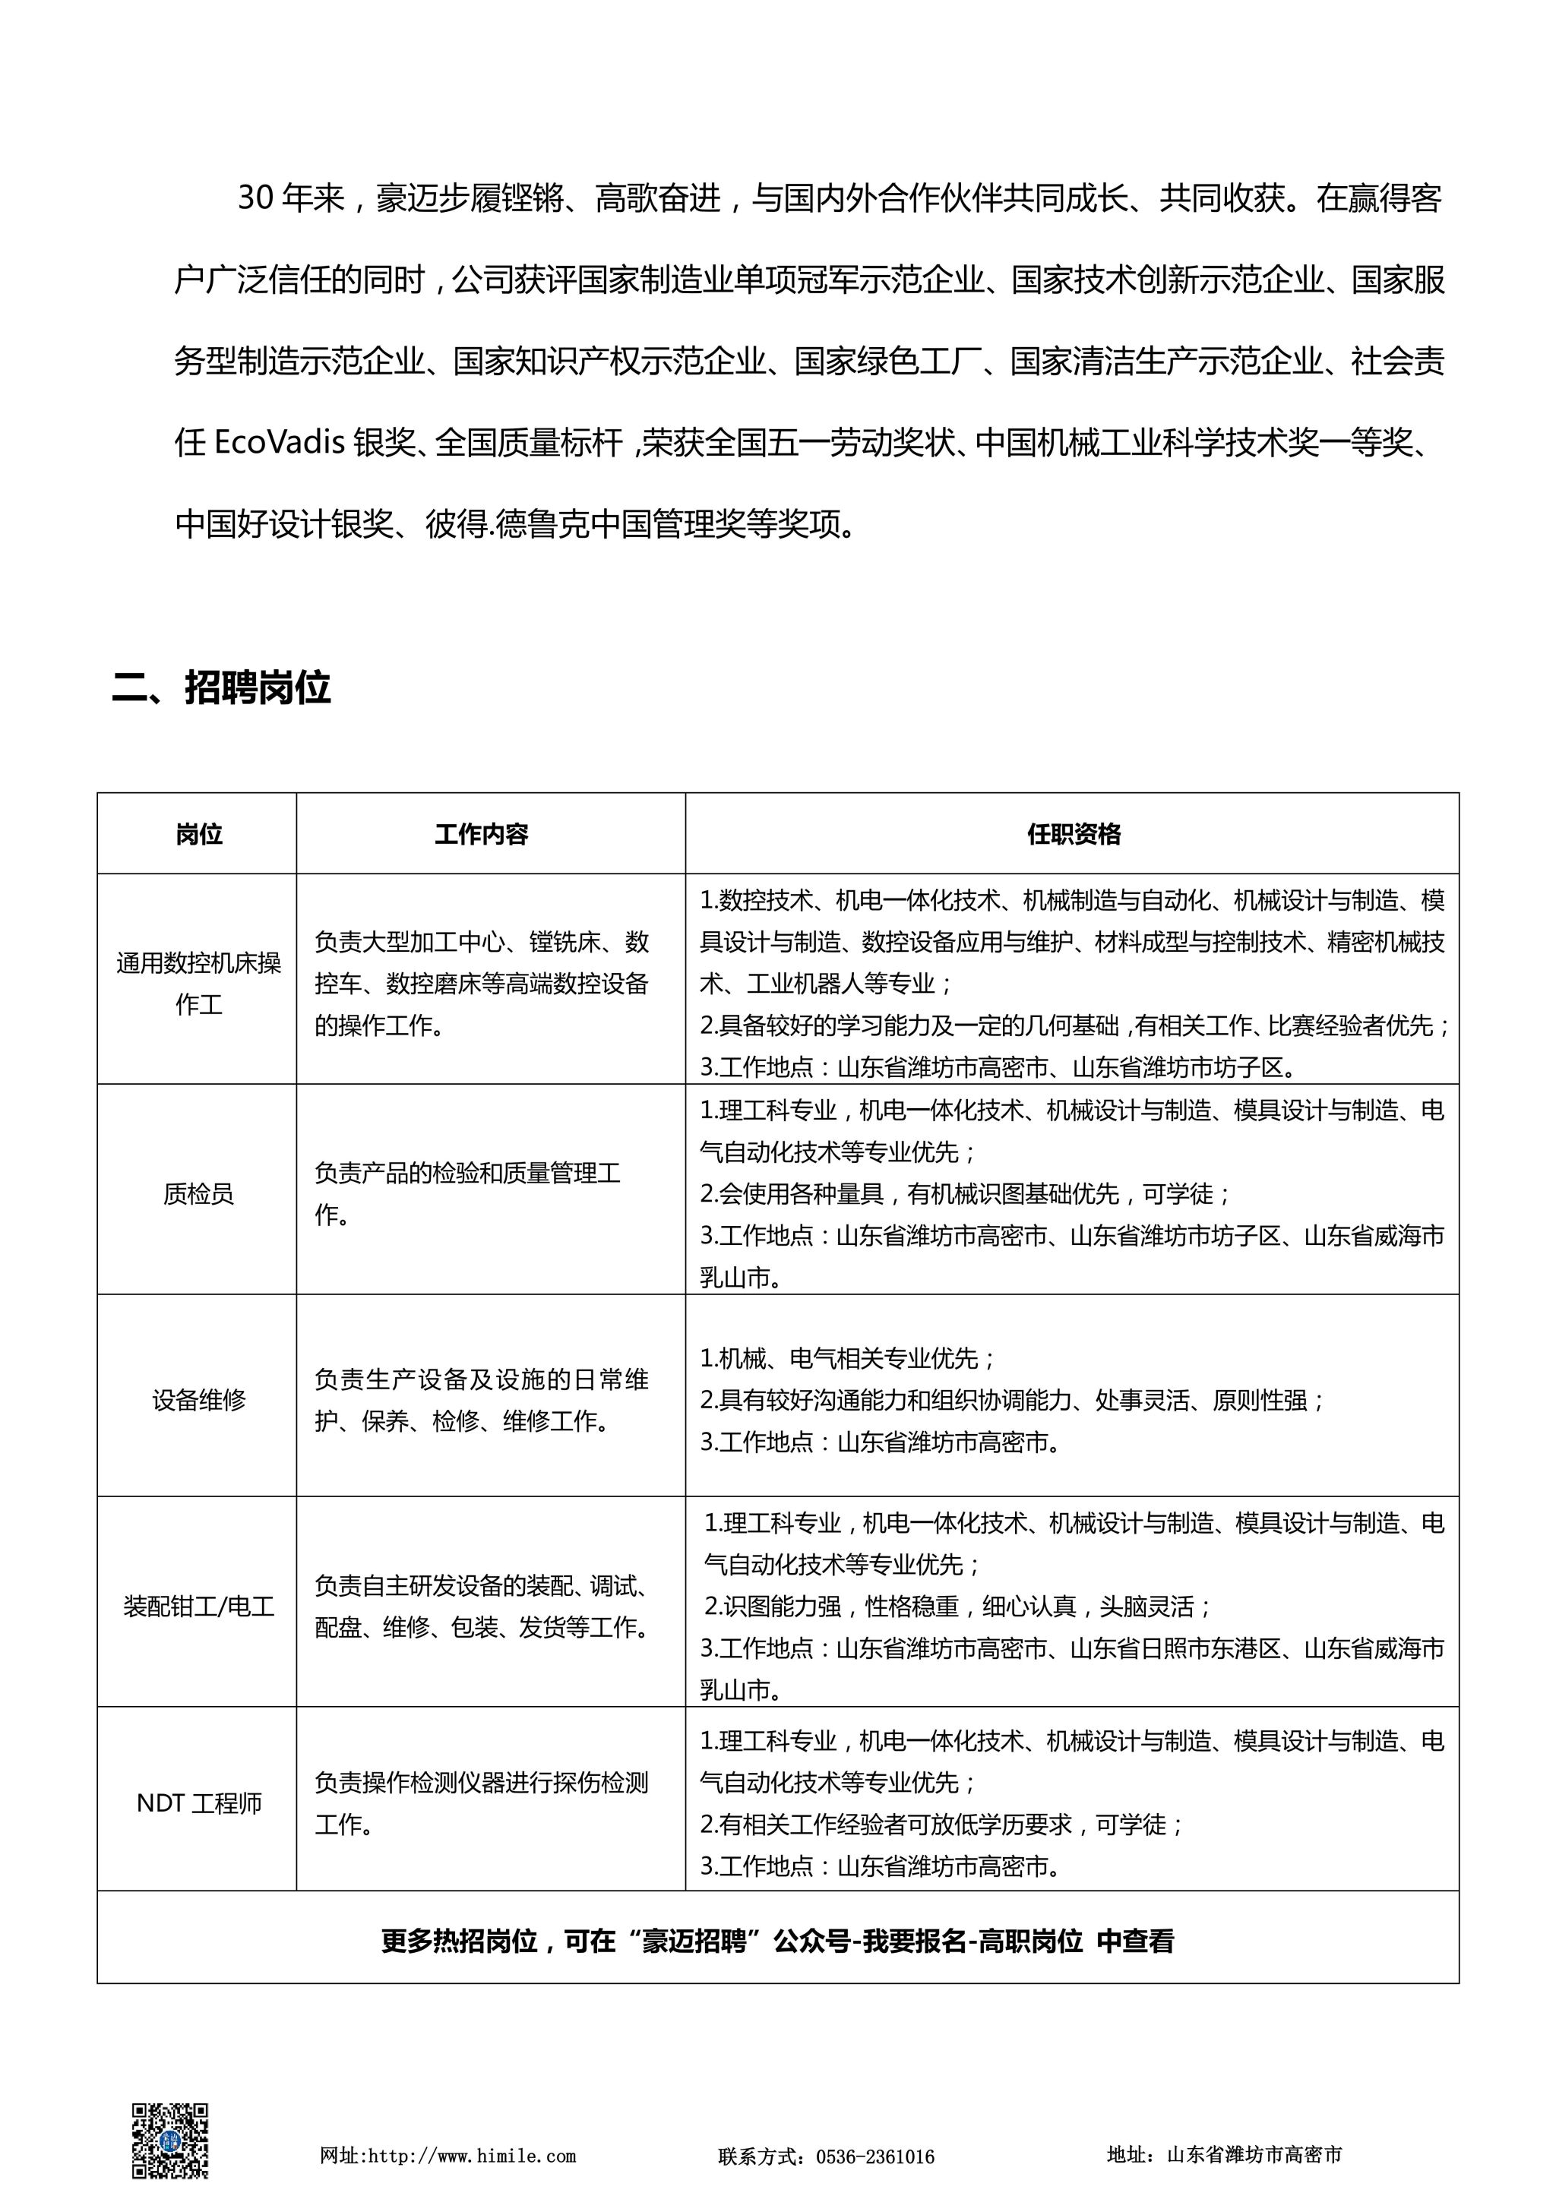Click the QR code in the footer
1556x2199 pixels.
(169, 2141)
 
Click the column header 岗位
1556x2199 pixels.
(198, 834)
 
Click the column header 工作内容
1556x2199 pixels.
(481, 834)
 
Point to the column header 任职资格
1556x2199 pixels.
(1073, 834)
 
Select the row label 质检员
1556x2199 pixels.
(198, 1193)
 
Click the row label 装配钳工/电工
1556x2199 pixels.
(198, 1607)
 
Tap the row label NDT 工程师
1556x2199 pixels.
(198, 1803)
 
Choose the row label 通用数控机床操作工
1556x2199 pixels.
(198, 983)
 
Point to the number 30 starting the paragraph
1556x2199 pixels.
(257, 198)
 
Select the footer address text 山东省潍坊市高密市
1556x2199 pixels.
(1254, 2155)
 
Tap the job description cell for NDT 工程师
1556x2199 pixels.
(481, 1803)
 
